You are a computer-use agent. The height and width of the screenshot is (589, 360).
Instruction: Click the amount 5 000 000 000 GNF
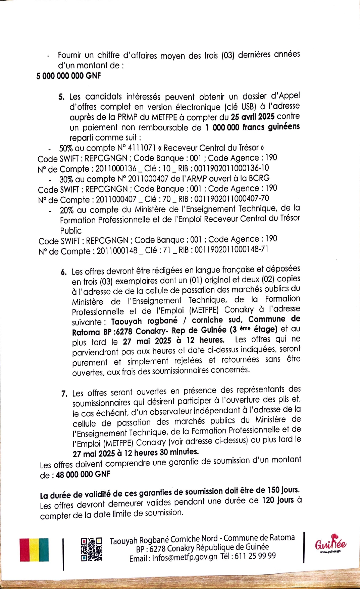[68, 76]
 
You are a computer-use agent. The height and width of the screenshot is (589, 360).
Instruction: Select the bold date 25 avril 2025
[252, 117]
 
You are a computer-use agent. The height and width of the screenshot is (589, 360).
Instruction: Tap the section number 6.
[64, 272]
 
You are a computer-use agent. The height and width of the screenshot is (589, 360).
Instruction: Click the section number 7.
[64, 394]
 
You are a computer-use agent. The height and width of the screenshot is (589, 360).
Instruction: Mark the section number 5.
[61, 97]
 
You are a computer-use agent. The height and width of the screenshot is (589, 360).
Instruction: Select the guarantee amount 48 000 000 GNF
[83, 474]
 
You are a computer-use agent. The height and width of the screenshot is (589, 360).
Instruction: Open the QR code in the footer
[91, 549]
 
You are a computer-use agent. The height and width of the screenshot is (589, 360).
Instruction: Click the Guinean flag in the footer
[34, 549]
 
